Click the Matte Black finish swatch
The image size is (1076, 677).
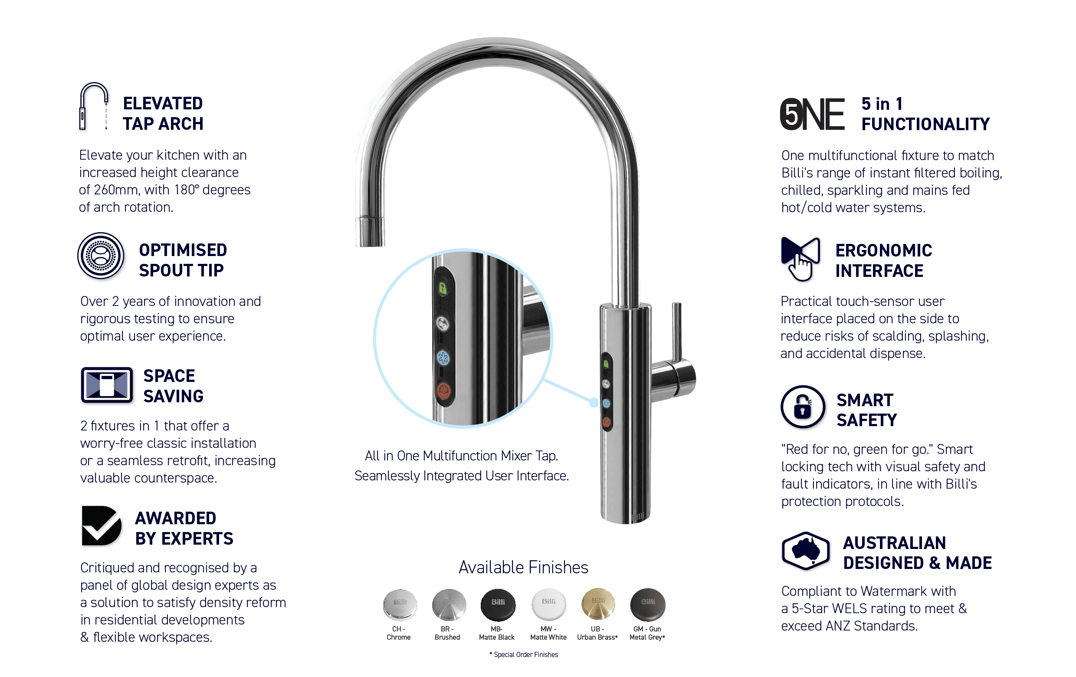pyautogui.click(x=498, y=605)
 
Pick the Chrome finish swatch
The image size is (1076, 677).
pyautogui.click(x=400, y=605)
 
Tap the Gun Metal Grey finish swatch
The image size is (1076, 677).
pyautogui.click(x=647, y=605)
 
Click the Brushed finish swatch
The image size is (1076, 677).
pyautogui.click(x=449, y=605)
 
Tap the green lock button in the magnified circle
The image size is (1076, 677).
pyautogui.click(x=443, y=288)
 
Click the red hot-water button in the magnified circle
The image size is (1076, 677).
pyautogui.click(x=443, y=391)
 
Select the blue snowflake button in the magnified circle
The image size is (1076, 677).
pyautogui.click(x=443, y=358)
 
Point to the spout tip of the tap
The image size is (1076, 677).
pyautogui.click(x=370, y=231)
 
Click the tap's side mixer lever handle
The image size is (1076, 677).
pyautogui.click(x=675, y=353)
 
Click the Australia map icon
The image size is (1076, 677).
pyautogui.click(x=805, y=551)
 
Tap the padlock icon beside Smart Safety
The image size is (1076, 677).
pyautogui.click(x=803, y=407)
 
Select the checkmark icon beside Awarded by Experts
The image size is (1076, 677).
pyautogui.click(x=102, y=526)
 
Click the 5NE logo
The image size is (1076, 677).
pyautogui.click(x=812, y=114)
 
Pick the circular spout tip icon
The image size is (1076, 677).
pyautogui.click(x=101, y=256)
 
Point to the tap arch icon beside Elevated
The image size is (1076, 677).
pyautogui.click(x=94, y=106)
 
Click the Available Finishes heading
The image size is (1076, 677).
pyautogui.click(x=523, y=567)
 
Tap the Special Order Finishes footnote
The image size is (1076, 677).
pyautogui.click(x=524, y=655)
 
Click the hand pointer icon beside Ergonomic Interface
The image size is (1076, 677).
pyautogui.click(x=800, y=259)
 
